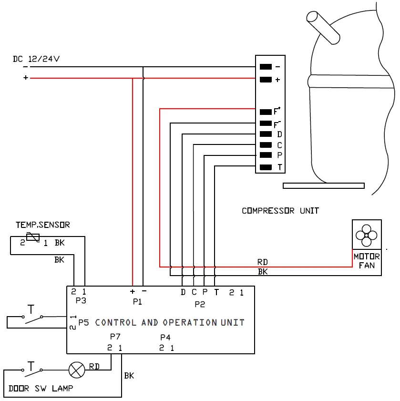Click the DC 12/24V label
[x=36, y=59]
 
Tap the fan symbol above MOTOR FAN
[x=366, y=235]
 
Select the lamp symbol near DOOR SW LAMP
[x=77, y=370]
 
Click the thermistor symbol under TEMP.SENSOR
[x=33, y=237]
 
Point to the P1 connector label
[x=137, y=302]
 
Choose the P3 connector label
[x=81, y=300]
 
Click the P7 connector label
[x=115, y=337]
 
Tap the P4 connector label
[x=165, y=338]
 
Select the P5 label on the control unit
[x=83, y=322]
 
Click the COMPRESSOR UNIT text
[x=280, y=211]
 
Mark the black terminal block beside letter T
[x=266, y=167]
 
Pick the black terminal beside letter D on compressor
[x=266, y=134]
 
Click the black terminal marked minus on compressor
[x=266, y=67]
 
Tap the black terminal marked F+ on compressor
[x=266, y=112]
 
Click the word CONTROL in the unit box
[x=115, y=322]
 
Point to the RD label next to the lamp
[x=94, y=367]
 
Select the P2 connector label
[x=200, y=304]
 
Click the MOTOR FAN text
[x=367, y=261]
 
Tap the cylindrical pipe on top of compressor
[x=323, y=28]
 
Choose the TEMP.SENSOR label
[x=43, y=225]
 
